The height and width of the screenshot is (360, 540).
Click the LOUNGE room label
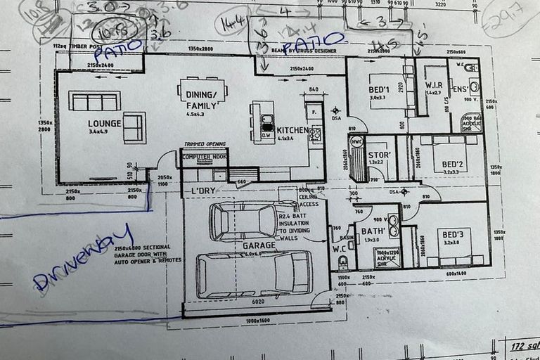[105, 123]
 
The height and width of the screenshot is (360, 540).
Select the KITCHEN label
[292, 130]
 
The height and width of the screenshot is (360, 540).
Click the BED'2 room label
[450, 165]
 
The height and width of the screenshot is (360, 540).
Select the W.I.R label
[433, 85]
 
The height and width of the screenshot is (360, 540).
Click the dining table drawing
[203, 90]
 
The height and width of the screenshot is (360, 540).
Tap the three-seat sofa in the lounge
[94, 101]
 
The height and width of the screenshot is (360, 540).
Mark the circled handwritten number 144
[232, 23]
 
